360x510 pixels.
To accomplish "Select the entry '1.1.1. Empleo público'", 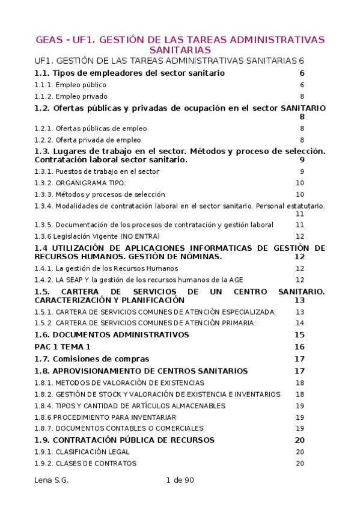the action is [70, 85].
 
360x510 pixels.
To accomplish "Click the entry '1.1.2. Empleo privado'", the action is [71, 96].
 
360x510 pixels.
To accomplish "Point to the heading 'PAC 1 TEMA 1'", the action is [63, 346].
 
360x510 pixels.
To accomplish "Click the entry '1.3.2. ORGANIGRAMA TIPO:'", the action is [80, 183].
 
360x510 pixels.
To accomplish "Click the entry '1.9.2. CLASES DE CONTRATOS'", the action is [85, 463].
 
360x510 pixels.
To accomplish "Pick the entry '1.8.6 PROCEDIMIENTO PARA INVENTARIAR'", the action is [105, 417].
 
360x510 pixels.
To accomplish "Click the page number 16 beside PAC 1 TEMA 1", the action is [299, 346].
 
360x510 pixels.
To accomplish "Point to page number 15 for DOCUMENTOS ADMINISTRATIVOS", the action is [299, 334].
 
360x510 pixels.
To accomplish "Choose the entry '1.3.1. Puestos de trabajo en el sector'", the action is [97, 171].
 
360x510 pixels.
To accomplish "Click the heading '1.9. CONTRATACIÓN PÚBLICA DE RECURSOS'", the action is [124, 440].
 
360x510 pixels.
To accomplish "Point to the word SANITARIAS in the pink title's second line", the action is [180, 51].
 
